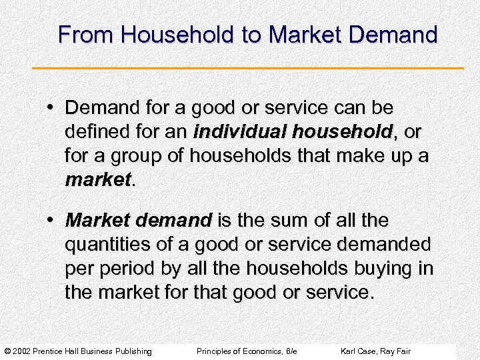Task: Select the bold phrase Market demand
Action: coord(138,220)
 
